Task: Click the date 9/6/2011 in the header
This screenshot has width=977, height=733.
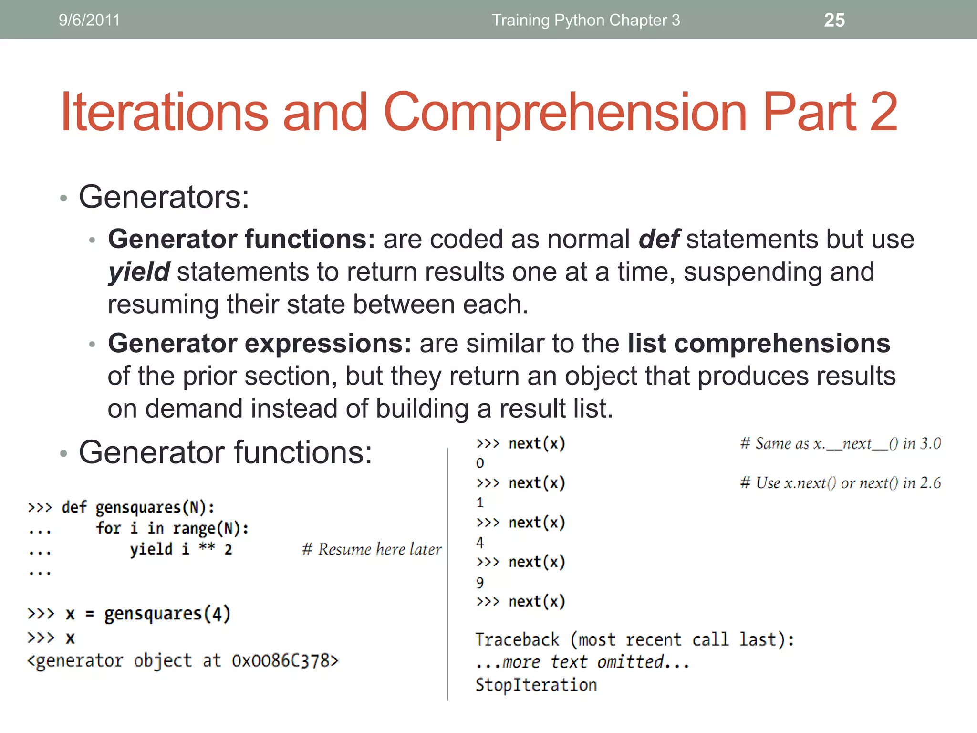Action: coord(89,20)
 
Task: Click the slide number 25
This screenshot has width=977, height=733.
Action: coord(834,20)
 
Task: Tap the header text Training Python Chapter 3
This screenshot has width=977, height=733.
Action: coord(586,20)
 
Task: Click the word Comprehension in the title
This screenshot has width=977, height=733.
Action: coord(565,113)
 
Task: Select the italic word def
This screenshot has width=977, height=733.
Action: coord(659,239)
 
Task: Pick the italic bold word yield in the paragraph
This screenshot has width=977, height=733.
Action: coord(139,272)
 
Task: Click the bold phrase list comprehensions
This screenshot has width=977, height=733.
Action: coord(759,343)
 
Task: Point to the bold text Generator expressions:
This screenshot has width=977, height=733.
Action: coord(260,343)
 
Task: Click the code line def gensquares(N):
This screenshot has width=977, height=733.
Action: coord(138,507)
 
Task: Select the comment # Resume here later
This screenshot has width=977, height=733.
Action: coord(372,549)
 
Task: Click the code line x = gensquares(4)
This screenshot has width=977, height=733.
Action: coord(148,614)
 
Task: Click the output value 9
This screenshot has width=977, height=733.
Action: coord(480,583)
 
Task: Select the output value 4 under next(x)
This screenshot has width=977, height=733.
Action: coord(480,543)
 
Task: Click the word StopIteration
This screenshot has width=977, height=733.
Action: coord(536,685)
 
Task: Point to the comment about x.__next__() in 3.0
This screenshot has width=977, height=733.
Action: coord(840,444)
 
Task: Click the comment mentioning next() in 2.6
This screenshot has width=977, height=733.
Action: coord(840,483)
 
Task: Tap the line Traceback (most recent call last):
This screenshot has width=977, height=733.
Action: coord(634,639)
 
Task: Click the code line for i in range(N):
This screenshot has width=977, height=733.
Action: coord(172,528)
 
